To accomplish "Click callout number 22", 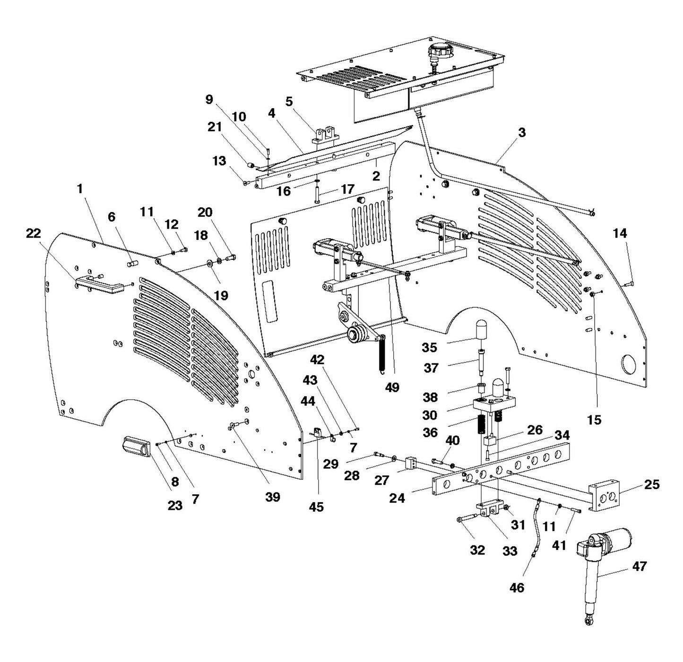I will point(34,233).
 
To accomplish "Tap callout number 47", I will point(639,566).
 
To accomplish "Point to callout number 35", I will point(429,347).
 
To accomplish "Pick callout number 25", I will point(652,484).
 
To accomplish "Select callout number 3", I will point(521,133).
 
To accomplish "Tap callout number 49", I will point(392,387).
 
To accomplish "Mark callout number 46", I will point(517,587).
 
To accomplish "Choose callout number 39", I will point(273,497).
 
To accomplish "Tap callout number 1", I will point(80,189).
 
